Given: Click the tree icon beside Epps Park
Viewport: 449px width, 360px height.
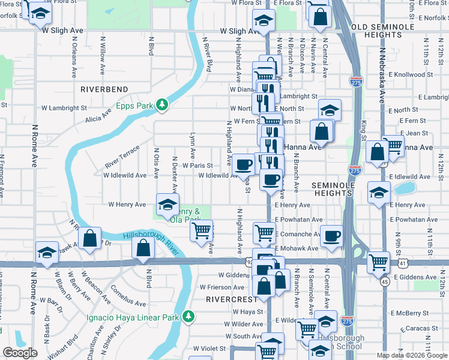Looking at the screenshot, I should (162, 105).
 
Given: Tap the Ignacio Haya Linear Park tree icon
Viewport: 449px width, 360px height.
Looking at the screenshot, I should (188, 316).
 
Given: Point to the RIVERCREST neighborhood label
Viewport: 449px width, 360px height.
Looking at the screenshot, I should (228, 298).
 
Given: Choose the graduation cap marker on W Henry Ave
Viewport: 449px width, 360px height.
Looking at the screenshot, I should (167, 205).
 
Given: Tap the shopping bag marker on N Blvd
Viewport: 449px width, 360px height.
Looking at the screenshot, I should (144, 247).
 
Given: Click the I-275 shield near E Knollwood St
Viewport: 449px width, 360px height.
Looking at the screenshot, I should (355, 81).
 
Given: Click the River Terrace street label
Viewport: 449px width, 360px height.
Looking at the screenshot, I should (122, 156).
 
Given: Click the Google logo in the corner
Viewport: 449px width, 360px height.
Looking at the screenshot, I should (20, 353).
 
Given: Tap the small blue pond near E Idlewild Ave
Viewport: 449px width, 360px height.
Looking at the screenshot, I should (405, 189).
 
